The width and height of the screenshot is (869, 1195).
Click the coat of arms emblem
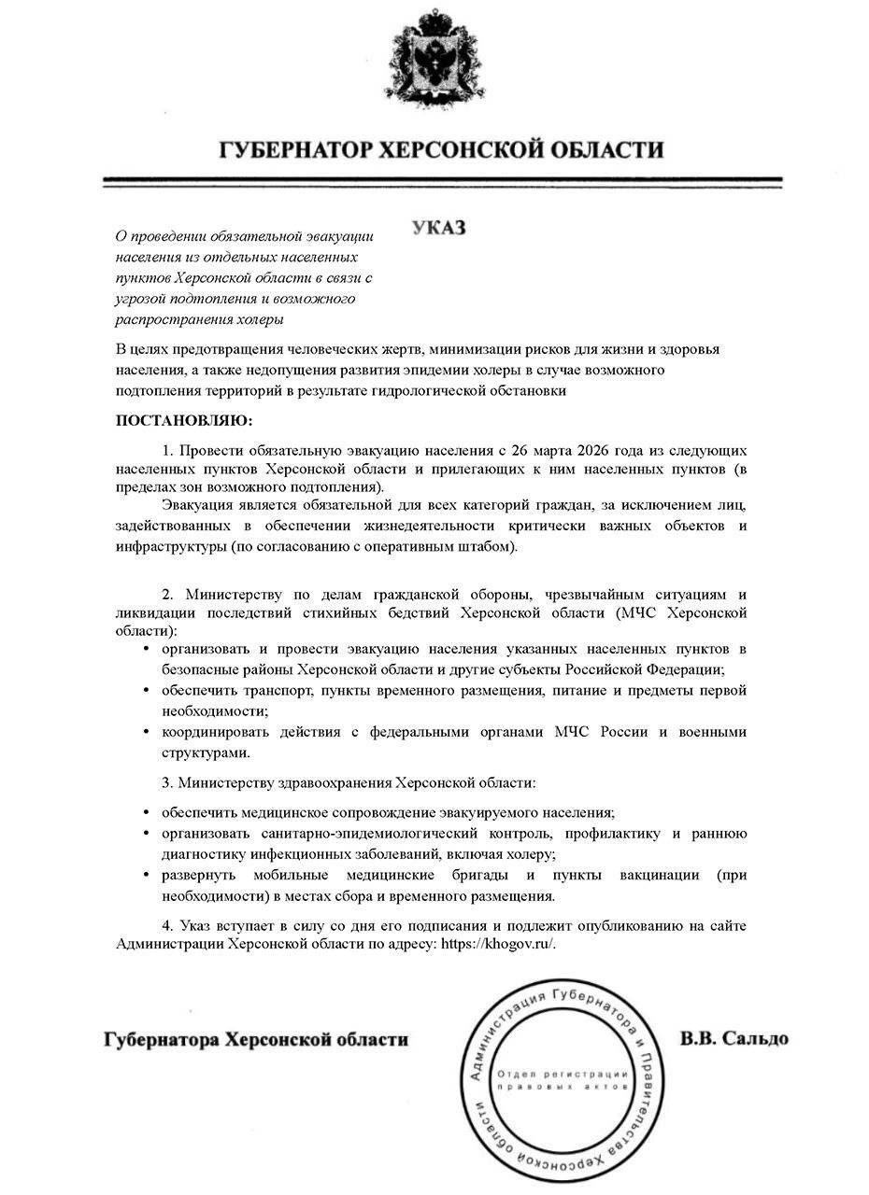[x=434, y=58]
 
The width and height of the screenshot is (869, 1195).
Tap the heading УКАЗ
[x=438, y=229]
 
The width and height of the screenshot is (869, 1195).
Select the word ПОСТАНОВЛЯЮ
[x=184, y=421]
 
